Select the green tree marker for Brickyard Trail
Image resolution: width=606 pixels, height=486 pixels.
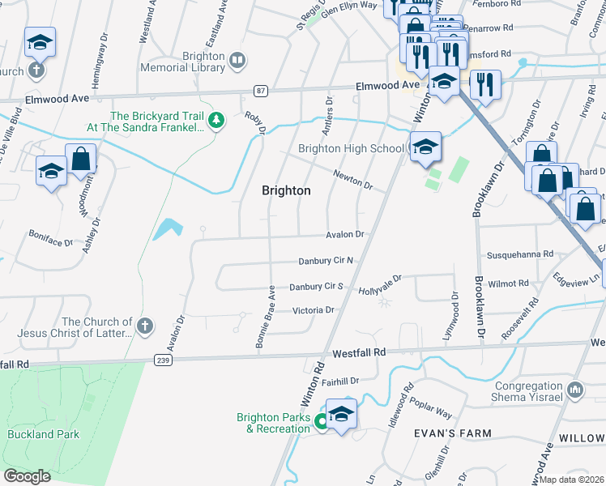(216, 122)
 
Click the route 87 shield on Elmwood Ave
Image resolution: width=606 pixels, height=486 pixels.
(260, 92)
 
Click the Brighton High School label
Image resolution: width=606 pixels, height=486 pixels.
(351, 148)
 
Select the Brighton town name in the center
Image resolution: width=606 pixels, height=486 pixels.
(286, 190)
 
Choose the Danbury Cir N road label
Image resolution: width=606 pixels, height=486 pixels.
(322, 260)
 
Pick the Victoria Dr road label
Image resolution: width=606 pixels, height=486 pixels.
(314, 310)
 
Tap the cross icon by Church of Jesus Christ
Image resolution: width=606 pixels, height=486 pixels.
(144, 326)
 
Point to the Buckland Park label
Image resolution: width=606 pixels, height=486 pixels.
(44, 434)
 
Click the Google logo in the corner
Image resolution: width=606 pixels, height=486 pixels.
(28, 476)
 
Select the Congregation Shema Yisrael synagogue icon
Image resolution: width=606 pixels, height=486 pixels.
(576, 390)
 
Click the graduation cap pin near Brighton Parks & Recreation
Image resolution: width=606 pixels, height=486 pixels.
(342, 415)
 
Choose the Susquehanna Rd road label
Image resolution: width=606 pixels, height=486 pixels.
(519, 254)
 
